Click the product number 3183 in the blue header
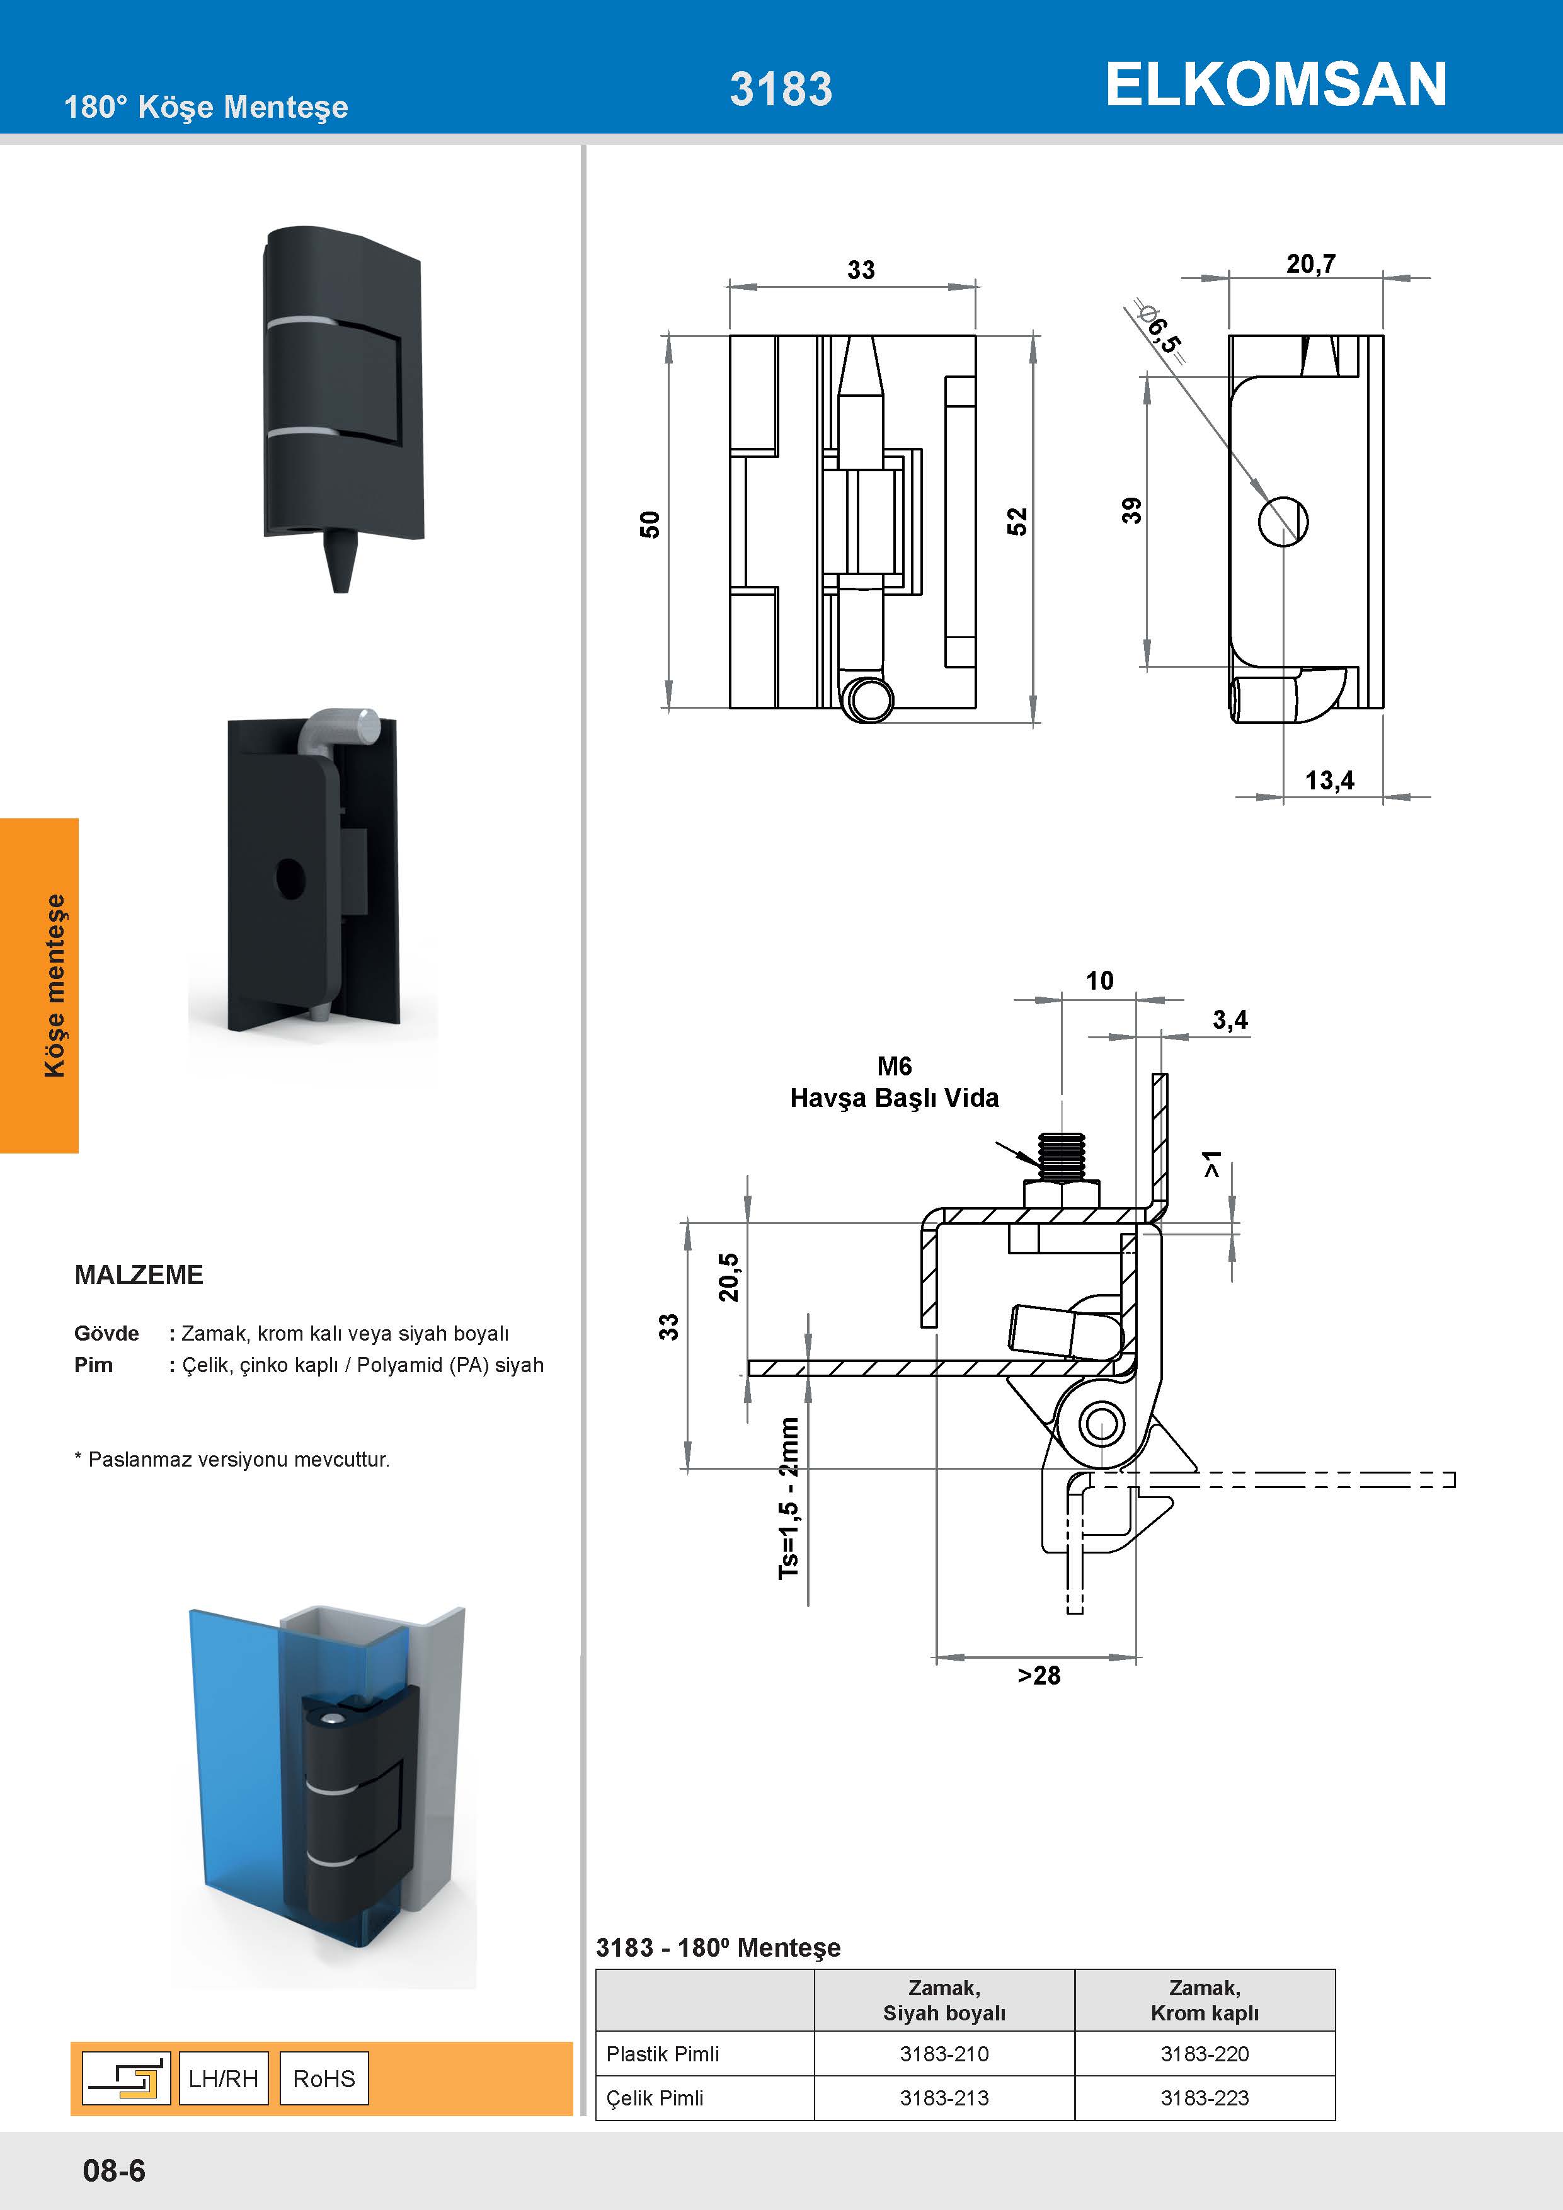(781, 89)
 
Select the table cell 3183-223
(1204, 2097)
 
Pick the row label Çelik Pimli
(655, 2097)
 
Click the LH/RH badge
(223, 2078)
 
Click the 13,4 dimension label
(1329, 780)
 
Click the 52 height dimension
(1017, 522)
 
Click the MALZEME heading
(139, 1274)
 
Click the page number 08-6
(113, 2170)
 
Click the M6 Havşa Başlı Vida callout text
(893, 1082)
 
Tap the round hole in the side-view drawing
(1283, 521)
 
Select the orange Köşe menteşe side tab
(40, 985)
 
